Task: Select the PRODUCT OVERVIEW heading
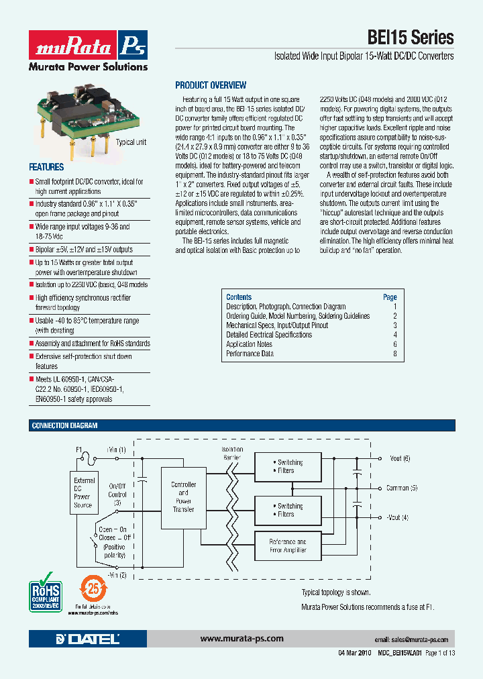tap(211, 85)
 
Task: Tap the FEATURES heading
tap(46, 167)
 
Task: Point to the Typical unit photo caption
tap(131, 142)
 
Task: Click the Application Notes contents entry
tap(249, 344)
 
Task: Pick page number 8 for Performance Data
tap(395, 354)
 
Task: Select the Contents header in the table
tap(239, 297)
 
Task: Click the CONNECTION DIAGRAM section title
tap(64, 425)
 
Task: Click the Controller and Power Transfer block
tap(183, 497)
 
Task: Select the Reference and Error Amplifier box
tap(287, 545)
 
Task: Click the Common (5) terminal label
tap(402, 488)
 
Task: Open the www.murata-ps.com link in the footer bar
tap(241, 639)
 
